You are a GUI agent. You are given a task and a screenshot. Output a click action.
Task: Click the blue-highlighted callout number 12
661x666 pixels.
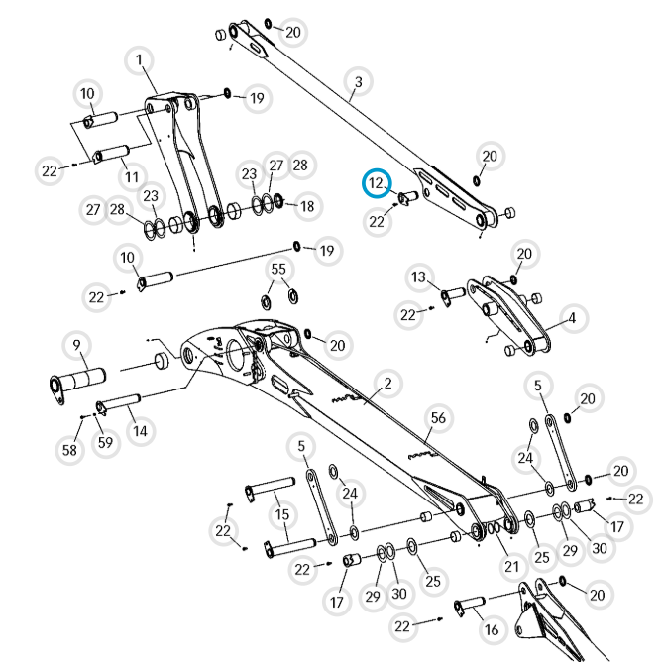click(x=377, y=183)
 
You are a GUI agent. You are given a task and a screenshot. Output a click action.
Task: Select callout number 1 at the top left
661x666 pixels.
click(x=139, y=59)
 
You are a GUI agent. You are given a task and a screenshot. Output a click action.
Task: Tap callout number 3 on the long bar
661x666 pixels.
click(x=359, y=81)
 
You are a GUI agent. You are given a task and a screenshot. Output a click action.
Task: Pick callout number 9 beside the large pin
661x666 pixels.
click(x=77, y=345)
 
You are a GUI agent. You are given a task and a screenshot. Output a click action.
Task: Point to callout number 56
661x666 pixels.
click(x=438, y=418)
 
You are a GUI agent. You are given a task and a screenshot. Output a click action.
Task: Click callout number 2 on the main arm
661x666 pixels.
click(x=387, y=384)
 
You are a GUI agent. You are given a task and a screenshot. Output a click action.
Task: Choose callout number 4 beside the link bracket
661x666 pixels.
click(x=572, y=318)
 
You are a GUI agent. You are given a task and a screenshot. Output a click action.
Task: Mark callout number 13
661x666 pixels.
click(x=418, y=277)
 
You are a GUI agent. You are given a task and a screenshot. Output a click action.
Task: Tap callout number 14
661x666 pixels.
click(x=140, y=431)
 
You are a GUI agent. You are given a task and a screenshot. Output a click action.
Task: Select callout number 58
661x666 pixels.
click(x=69, y=449)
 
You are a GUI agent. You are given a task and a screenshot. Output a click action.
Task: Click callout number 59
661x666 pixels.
click(x=105, y=443)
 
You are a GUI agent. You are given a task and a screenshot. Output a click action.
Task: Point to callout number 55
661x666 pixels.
click(x=278, y=269)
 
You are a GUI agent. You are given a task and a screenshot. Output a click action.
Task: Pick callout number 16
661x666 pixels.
click(x=492, y=629)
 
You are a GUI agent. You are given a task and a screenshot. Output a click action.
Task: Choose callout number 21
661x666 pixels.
click(x=512, y=566)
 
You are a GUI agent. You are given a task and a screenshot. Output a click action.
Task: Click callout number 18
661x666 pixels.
click(x=307, y=206)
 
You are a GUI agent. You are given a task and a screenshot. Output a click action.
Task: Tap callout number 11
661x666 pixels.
click(x=132, y=176)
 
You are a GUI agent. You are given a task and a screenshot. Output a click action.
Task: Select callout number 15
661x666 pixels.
click(x=282, y=514)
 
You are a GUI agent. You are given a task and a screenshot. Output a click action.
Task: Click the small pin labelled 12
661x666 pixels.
click(x=408, y=197)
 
